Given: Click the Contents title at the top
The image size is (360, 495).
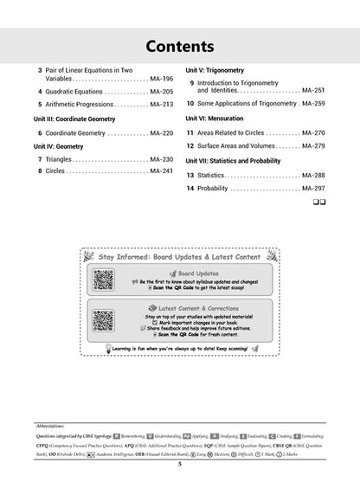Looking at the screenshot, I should point(180,45).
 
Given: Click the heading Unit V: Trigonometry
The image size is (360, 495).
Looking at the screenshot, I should point(220,67).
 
